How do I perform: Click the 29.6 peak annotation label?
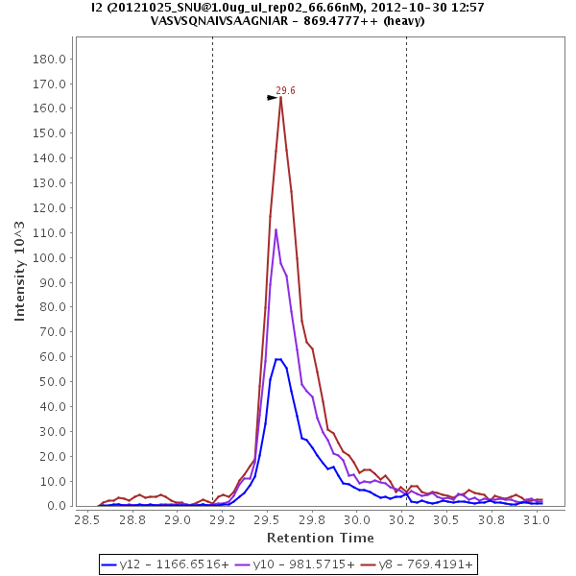pos(285,90)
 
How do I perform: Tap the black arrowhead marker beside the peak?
pos(273,97)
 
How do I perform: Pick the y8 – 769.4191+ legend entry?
pos(411,564)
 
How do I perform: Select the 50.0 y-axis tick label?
pos(51,381)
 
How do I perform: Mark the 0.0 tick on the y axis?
pos(54,506)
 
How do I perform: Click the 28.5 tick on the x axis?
pos(86,519)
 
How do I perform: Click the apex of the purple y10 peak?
pos(276,229)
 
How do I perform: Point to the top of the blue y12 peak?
pos(278,359)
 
